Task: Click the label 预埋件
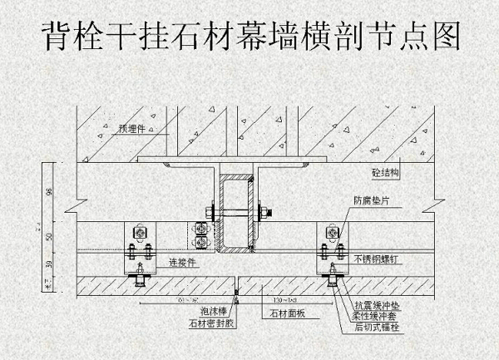(132, 129)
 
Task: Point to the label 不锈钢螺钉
(373, 259)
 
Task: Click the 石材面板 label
(288, 314)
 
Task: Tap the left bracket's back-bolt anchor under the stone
(138, 280)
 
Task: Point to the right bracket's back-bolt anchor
(333, 281)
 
